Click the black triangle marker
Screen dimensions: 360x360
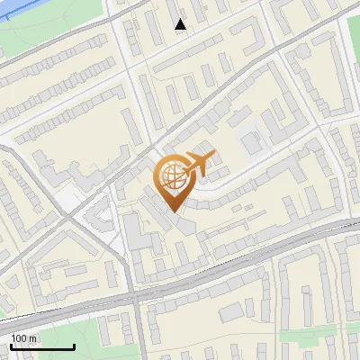[x=181, y=24]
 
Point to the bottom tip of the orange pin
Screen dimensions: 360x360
[x=173, y=211]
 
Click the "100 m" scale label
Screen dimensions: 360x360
[x=24, y=338]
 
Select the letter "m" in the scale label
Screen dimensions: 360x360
[x=32, y=338]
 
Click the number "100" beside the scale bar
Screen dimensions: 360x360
[x=19, y=338]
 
